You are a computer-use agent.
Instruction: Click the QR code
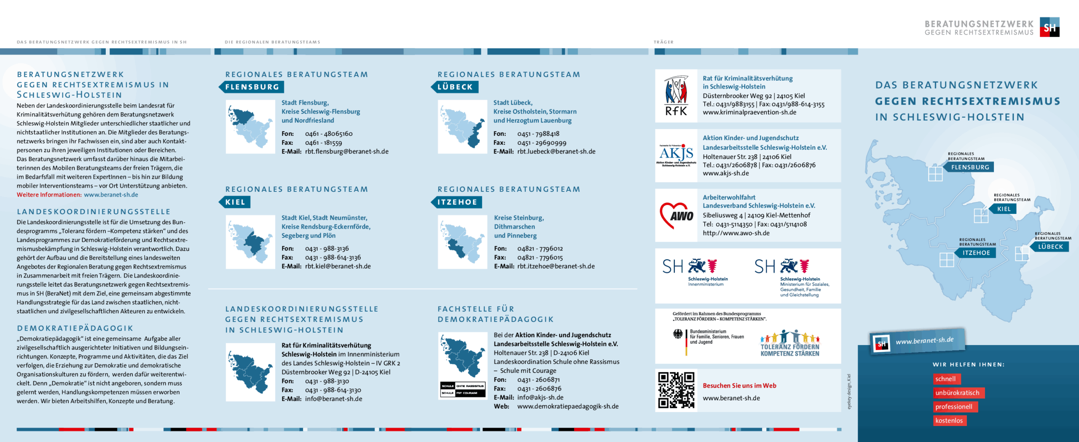coord(676,390)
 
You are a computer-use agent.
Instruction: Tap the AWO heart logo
coord(676,216)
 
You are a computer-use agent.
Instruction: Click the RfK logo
coord(676,96)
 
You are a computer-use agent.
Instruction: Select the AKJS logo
coord(676,155)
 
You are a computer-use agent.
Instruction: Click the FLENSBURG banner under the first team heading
coord(252,87)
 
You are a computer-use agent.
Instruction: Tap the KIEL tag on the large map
coord(1004,209)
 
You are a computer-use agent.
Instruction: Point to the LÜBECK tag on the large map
coord(1050,247)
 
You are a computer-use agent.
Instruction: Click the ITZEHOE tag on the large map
coord(976,253)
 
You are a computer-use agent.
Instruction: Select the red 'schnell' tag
coord(946,379)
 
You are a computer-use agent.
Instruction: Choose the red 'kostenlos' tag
coord(949,420)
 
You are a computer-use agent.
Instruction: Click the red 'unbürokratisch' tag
coord(958,393)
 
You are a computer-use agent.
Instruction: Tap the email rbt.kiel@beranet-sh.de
coord(338,267)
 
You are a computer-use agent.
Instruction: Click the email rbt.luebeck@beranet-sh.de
coord(556,152)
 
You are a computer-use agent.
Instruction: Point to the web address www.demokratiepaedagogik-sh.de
coord(568,407)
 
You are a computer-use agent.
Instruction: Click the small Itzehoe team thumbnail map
coord(462,242)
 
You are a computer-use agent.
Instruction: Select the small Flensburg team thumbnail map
coord(250,127)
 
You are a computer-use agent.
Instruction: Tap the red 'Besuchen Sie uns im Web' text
coord(739,385)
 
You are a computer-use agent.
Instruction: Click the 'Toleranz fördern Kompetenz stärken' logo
coord(789,344)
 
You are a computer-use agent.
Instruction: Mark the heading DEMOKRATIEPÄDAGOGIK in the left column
coord(75,328)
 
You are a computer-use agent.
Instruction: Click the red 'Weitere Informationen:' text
coord(49,195)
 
